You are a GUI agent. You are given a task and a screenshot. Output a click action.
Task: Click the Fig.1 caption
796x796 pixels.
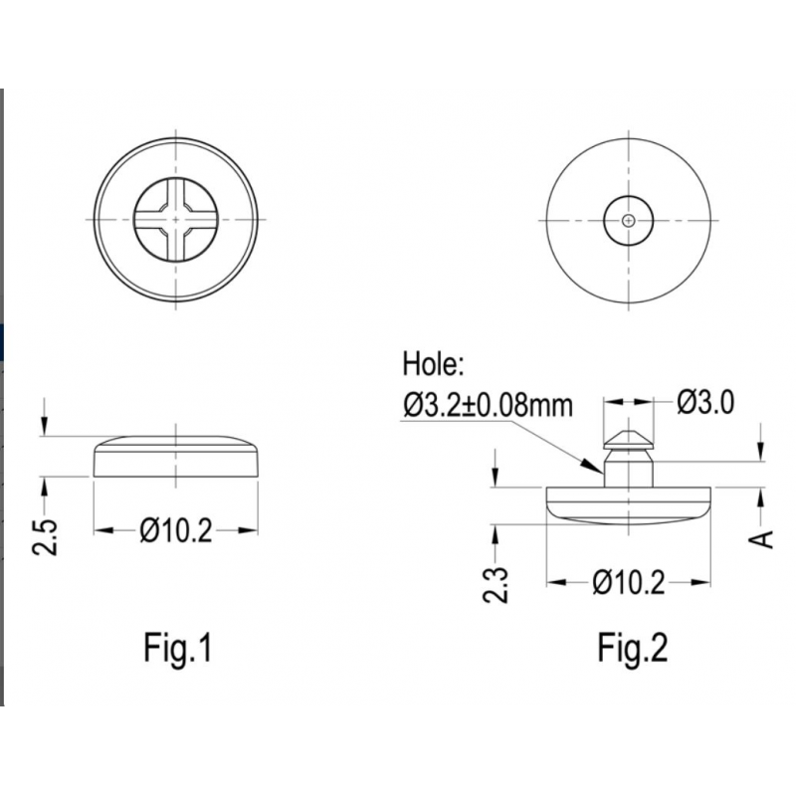tap(178, 649)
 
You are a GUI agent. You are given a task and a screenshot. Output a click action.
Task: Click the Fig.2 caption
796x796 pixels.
tap(632, 649)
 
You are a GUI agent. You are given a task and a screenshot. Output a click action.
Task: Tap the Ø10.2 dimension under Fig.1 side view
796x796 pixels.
tap(176, 531)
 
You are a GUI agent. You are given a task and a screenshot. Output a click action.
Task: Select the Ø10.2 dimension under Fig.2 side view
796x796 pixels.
tap(629, 583)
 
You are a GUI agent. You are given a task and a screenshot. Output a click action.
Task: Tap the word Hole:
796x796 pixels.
tap(434, 365)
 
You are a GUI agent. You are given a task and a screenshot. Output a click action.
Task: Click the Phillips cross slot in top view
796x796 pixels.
tap(176, 218)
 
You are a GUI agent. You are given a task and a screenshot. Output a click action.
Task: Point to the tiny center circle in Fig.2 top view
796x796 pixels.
tap(629, 218)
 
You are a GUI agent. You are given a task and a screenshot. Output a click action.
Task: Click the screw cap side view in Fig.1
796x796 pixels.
tap(176, 457)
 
